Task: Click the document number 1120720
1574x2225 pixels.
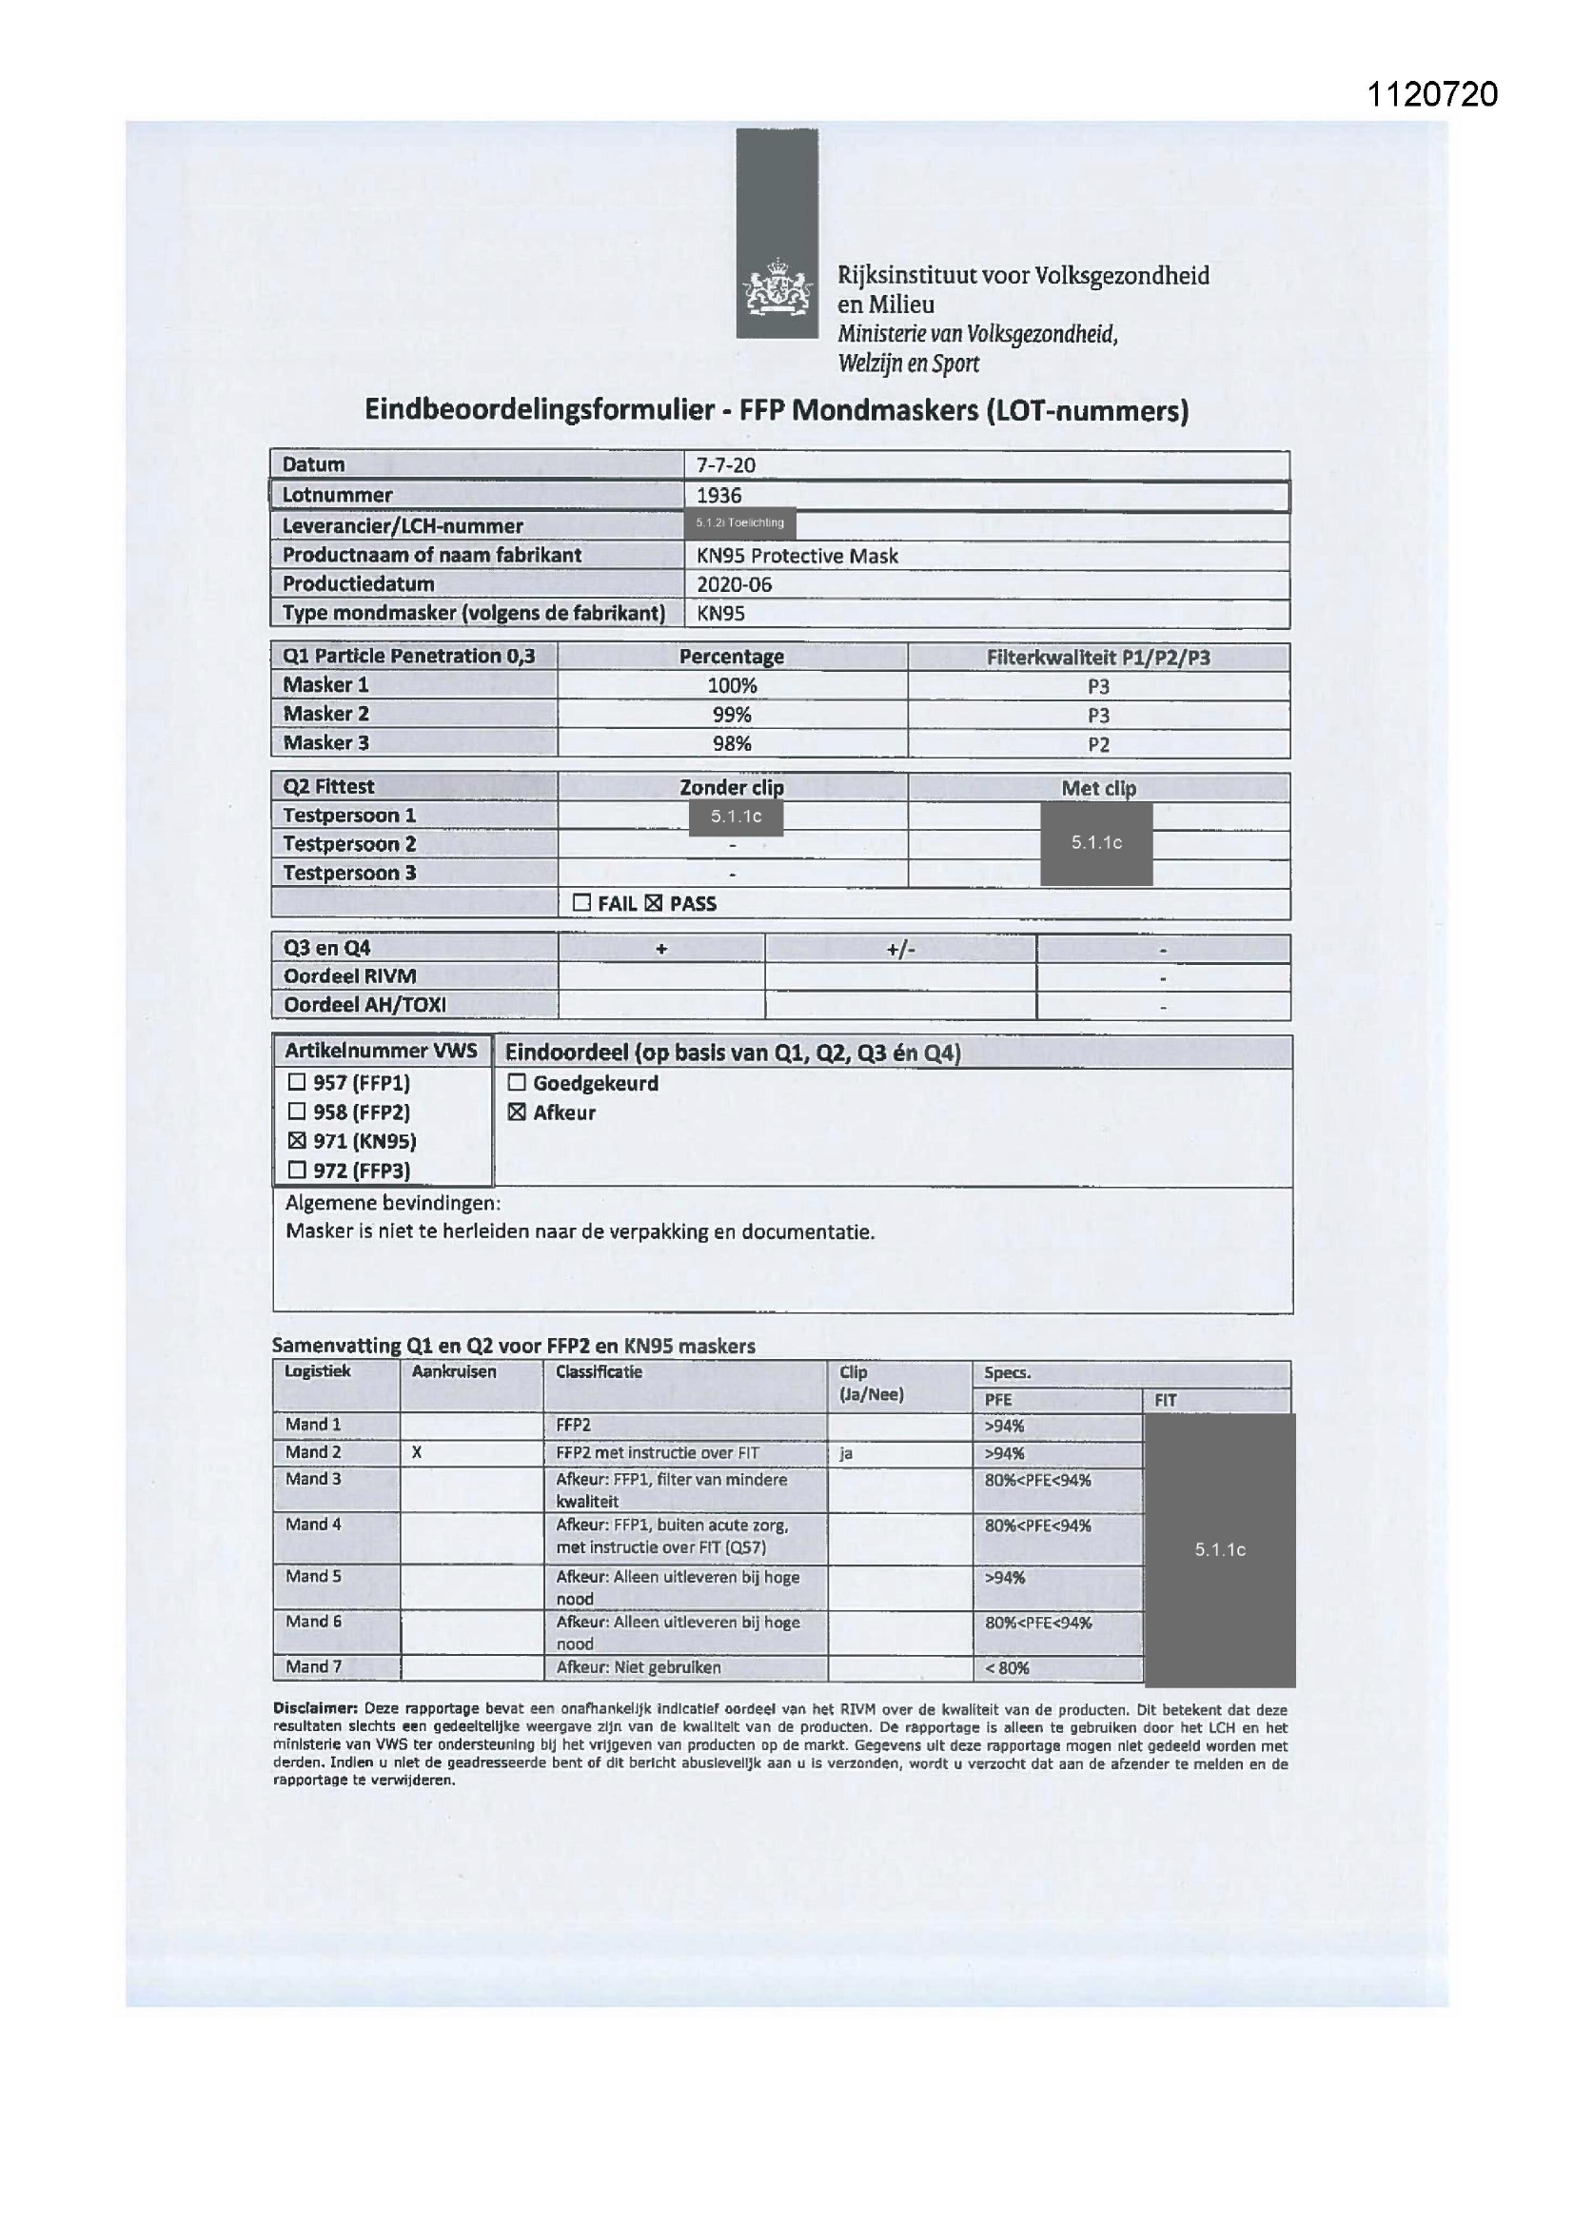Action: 1431,94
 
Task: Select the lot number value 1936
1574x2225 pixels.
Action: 719,495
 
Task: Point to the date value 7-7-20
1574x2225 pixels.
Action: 726,465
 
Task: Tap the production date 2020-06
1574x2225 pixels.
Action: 734,584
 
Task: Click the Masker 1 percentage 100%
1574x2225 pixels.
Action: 732,686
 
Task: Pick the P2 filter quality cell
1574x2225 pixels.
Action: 1098,744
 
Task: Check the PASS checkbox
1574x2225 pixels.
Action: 653,903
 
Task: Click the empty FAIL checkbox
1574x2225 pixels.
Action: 581,903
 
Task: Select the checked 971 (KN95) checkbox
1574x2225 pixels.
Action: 298,1141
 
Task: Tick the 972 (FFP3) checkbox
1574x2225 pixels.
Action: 298,1170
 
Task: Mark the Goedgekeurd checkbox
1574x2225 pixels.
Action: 517,1082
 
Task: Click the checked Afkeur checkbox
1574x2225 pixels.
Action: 517,1112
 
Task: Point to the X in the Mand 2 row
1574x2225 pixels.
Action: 417,1452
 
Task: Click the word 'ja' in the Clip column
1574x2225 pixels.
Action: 846,1453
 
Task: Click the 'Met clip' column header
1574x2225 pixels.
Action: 1098,788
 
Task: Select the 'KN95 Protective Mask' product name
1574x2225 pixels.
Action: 797,556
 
